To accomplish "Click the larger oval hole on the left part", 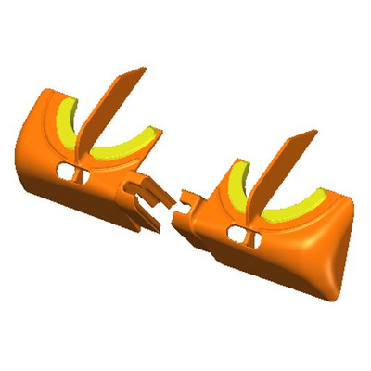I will (x=65, y=172).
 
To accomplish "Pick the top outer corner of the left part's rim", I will (x=42, y=93).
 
